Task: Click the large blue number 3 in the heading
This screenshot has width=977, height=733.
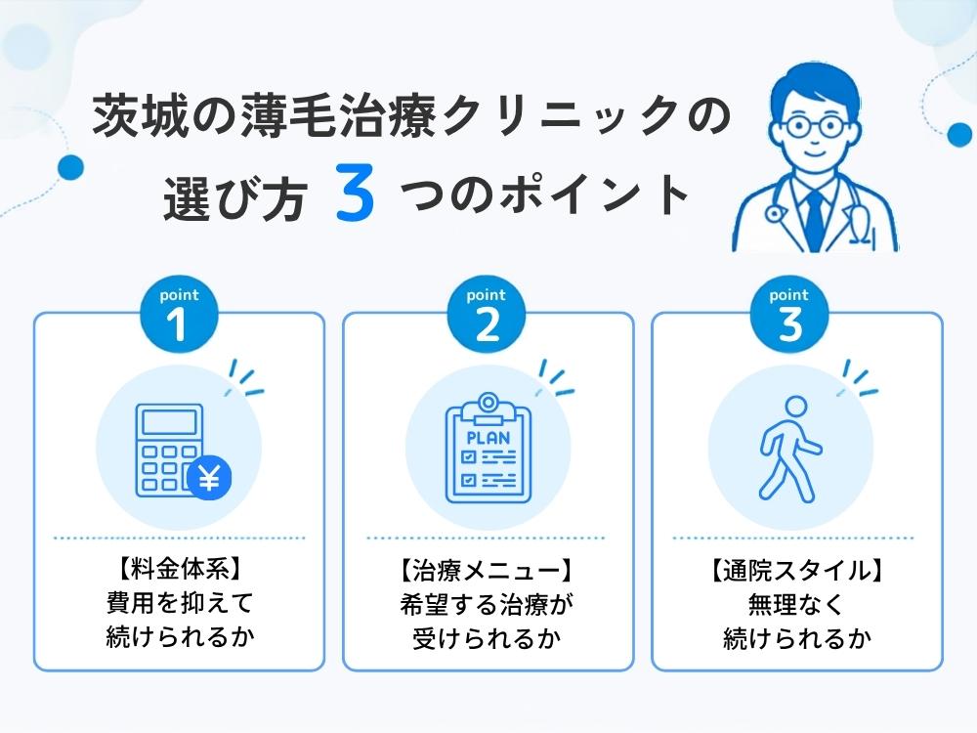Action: pos(356,193)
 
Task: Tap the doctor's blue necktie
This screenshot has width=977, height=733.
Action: pos(815,218)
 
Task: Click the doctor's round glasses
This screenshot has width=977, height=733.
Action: pos(815,126)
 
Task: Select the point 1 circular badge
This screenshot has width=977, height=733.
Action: pos(180,314)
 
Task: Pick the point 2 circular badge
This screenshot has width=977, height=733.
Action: pos(487,314)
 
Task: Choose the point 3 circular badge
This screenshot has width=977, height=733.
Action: pos(789,314)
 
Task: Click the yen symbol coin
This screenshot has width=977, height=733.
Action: pos(209,479)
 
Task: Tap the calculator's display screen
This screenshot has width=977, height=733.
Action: pos(169,422)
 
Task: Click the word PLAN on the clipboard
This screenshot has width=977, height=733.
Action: pos(488,438)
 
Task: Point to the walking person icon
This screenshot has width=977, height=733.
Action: pos(789,449)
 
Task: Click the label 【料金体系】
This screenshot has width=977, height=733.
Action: pos(180,569)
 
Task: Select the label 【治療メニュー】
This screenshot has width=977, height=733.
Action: pos(486,571)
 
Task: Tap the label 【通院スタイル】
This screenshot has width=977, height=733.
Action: pos(796,571)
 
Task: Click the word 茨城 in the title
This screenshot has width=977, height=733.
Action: pos(140,115)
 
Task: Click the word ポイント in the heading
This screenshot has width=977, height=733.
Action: pos(594,194)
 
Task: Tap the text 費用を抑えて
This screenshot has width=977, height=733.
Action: pos(180,603)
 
